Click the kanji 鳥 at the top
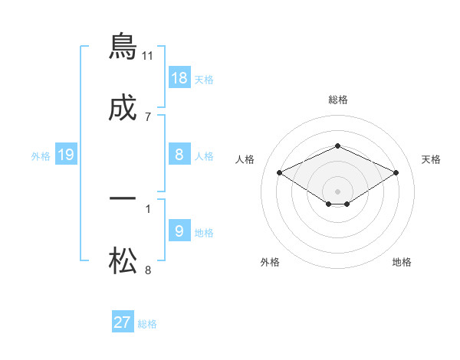[123, 46]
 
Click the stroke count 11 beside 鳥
[148, 55]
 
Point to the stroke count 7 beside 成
[148, 117]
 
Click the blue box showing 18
[179, 78]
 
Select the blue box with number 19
[66, 155]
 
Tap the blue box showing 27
[123, 322]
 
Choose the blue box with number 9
[179, 231]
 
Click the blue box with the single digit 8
[179, 155]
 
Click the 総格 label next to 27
[147, 324]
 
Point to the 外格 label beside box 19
[41, 156]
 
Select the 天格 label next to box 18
[204, 79]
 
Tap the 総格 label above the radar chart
[338, 100]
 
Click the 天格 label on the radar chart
[432, 159]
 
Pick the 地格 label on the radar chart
[402, 262]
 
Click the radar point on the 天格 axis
[396, 172]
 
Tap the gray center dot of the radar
[338, 191]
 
